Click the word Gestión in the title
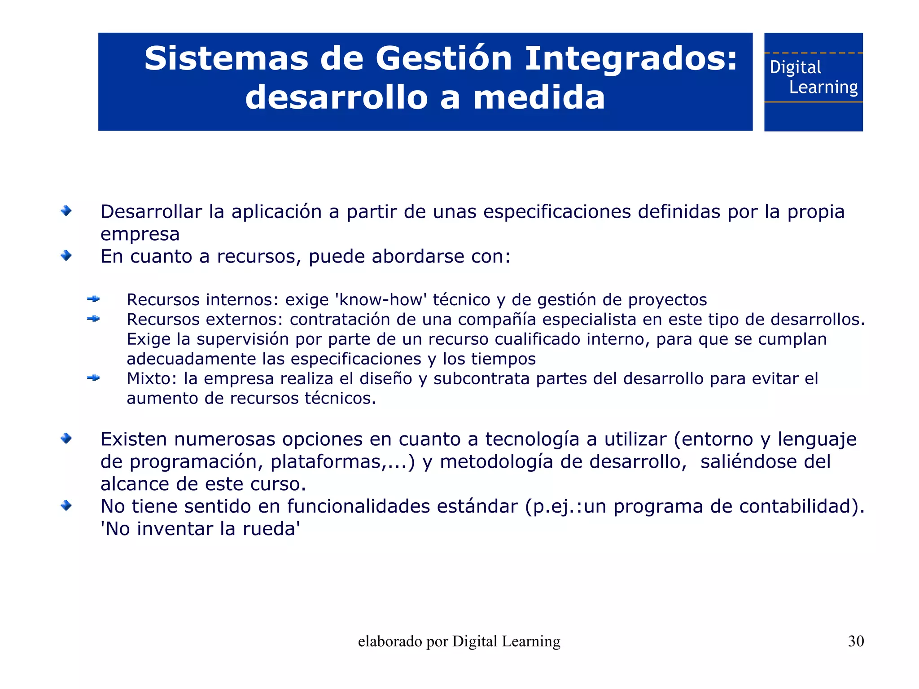(443, 59)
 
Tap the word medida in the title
(539, 97)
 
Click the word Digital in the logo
(795, 67)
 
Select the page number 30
(856, 641)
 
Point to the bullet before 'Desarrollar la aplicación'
(66, 211)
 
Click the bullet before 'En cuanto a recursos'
(66, 255)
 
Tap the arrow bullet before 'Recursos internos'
(93, 299)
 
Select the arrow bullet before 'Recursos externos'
(93, 319)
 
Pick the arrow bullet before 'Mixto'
(93, 378)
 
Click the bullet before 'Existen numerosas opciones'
(66, 438)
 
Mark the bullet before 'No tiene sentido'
(66, 505)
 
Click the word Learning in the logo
(823, 87)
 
